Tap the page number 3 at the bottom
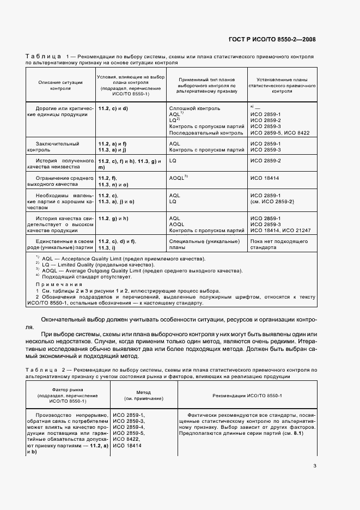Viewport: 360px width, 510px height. pyautogui.click(x=315, y=465)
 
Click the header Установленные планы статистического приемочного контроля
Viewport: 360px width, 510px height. pyautogui.click(x=282, y=84)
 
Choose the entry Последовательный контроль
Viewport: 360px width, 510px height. pyautogui.click(x=206, y=132)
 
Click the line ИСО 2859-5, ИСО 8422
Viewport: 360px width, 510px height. pyautogui.click(x=279, y=132)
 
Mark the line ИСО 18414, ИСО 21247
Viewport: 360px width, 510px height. pyautogui.click(x=280, y=230)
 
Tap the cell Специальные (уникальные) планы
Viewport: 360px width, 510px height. pyautogui.click(x=204, y=245)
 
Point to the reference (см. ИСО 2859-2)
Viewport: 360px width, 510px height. pyautogui.click(x=272, y=202)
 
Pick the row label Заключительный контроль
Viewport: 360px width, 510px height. pyautogui.click(x=52, y=146)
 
